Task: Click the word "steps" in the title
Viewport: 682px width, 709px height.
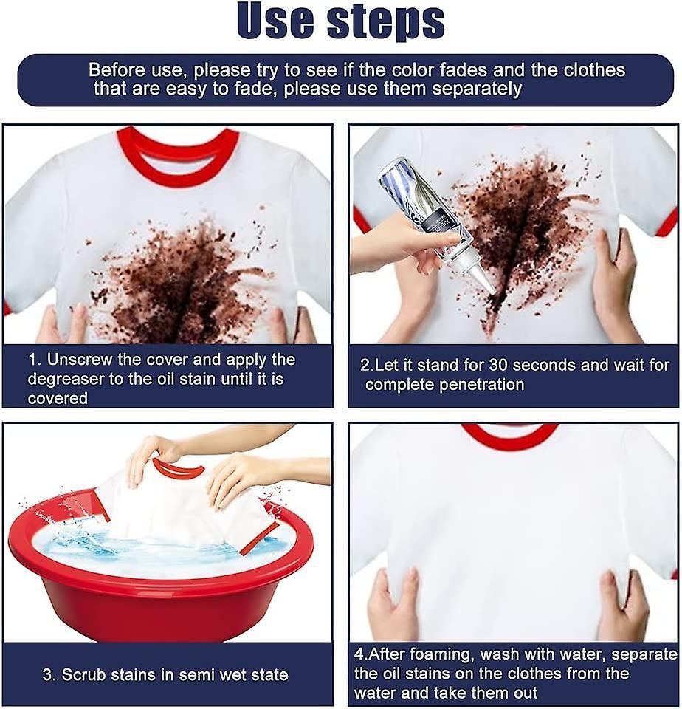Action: pos(388,23)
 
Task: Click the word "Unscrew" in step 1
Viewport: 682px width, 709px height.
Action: pos(81,360)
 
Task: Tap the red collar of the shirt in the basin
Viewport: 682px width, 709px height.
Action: pos(177,470)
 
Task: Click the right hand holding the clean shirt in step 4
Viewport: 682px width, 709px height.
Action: pos(624,606)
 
